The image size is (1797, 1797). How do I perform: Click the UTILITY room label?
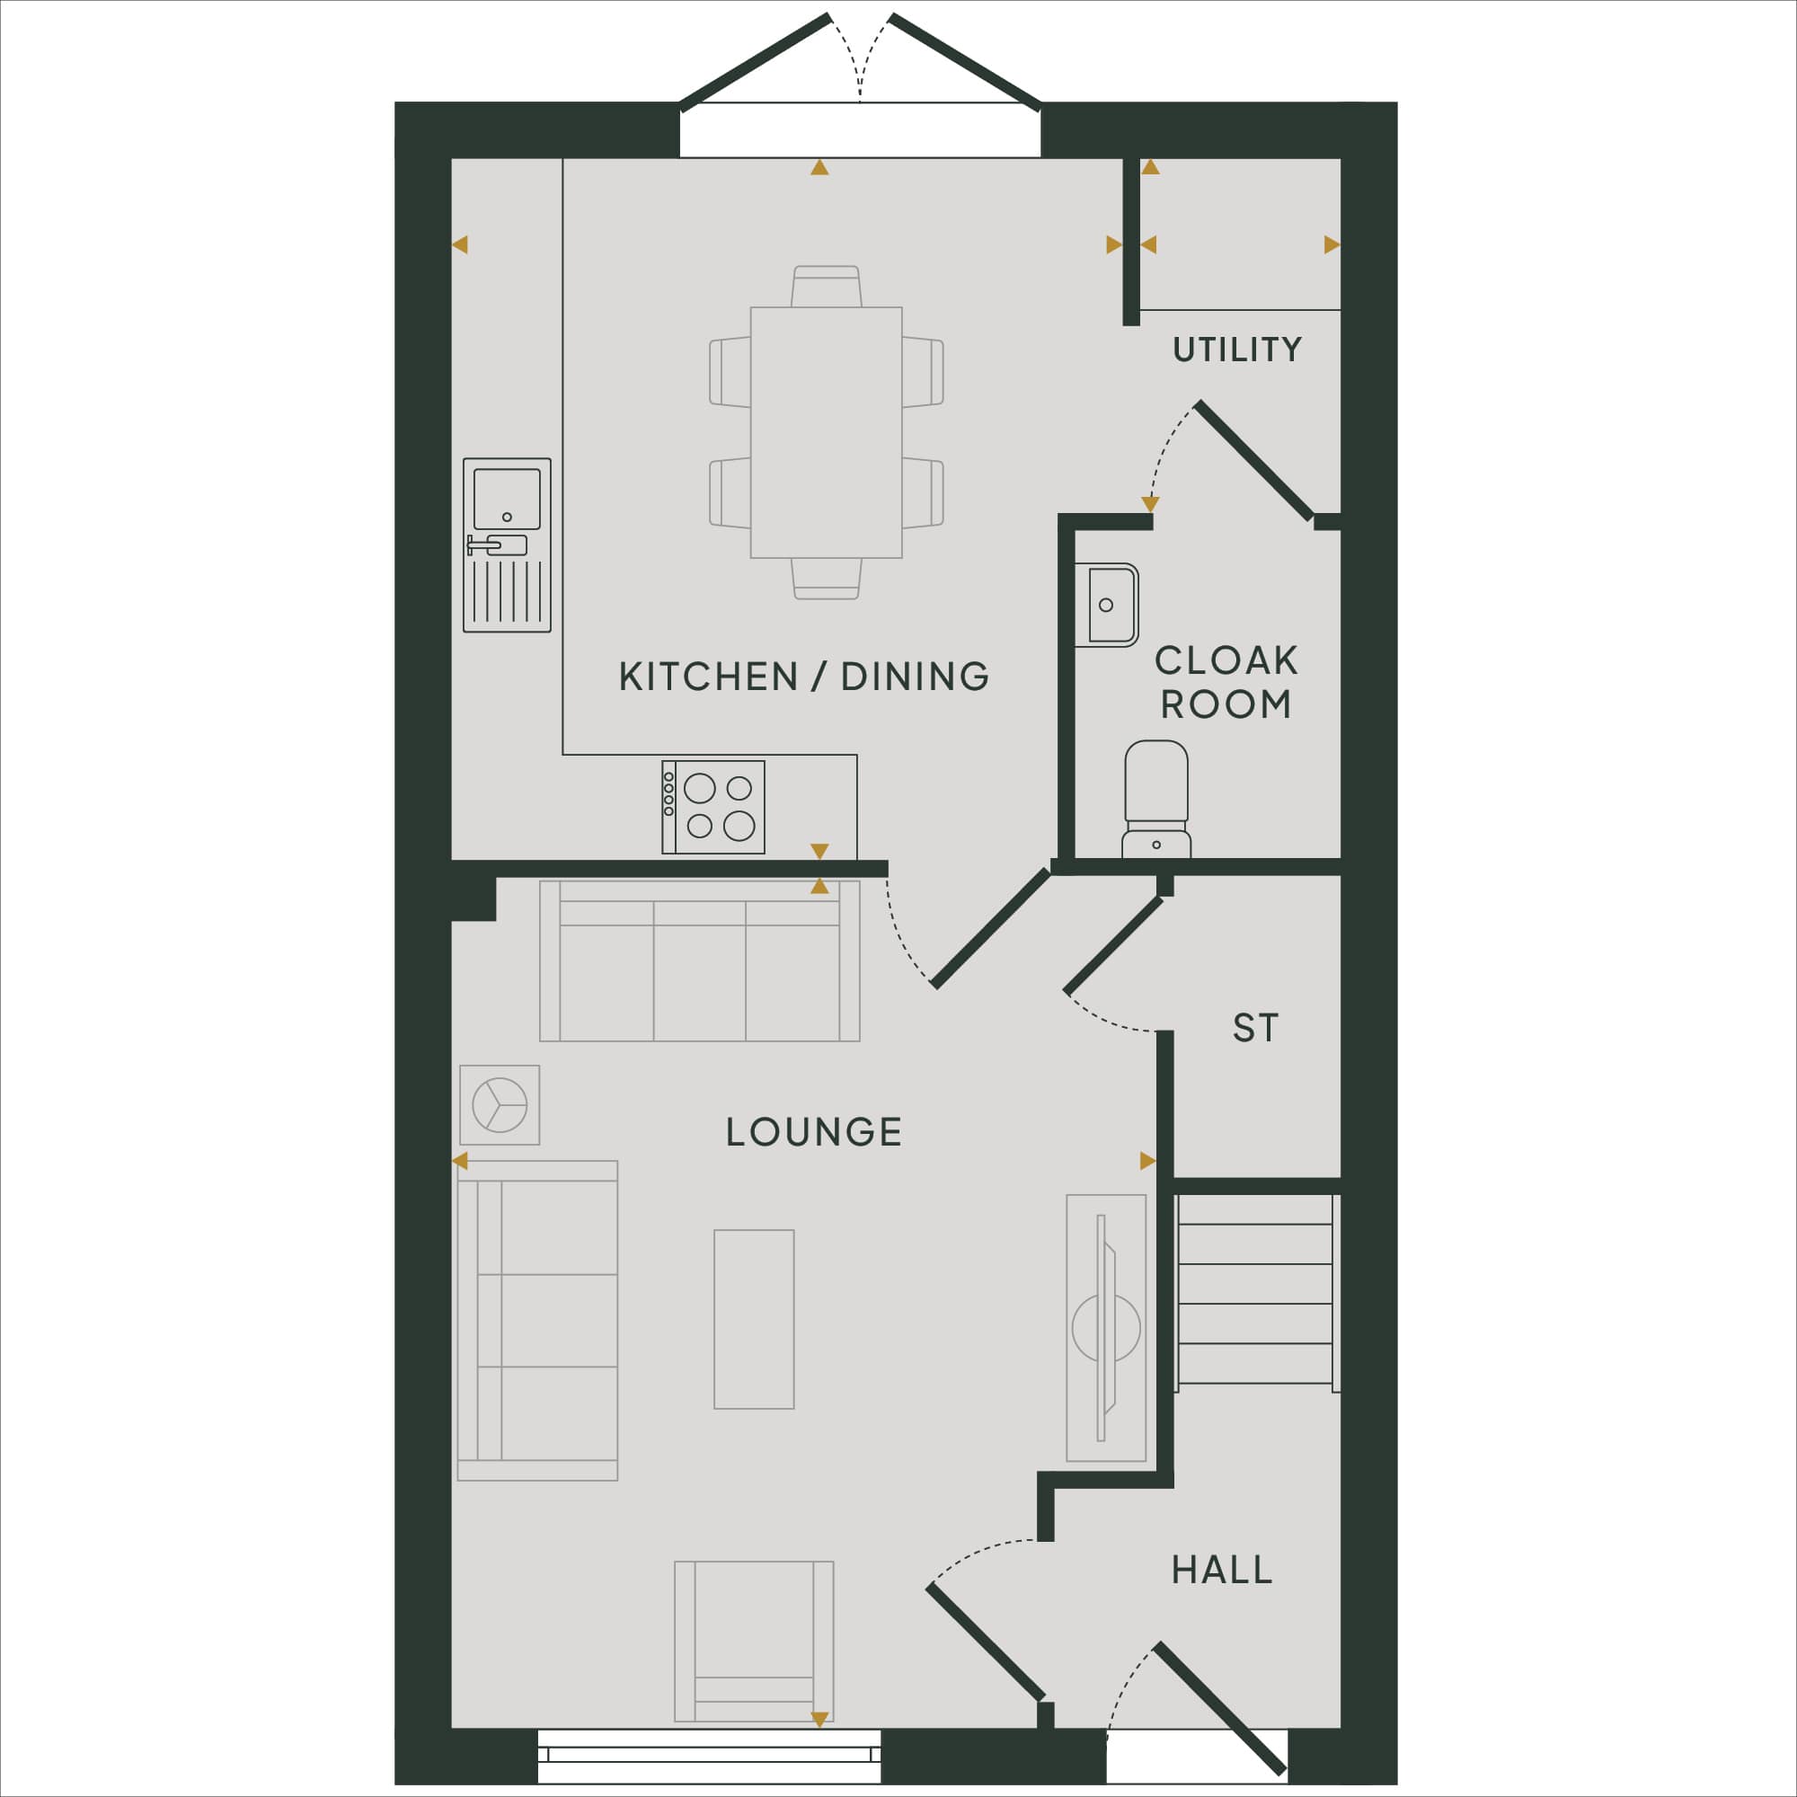coord(1236,350)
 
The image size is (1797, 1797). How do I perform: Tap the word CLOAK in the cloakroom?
coord(1226,660)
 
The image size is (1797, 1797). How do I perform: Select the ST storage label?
coord(1256,1028)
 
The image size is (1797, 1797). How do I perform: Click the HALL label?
coord(1221,1570)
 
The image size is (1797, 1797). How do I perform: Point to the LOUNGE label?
coord(814,1132)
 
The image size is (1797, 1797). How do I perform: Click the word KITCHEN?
coord(708,677)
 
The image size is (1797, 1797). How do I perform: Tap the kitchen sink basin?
coord(507,499)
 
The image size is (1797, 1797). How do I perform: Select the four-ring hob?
coord(713,808)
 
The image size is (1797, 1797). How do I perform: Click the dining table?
coord(826,432)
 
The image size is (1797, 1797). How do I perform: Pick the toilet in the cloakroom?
coord(1156,798)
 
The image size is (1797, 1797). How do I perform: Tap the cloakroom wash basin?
coord(1107,605)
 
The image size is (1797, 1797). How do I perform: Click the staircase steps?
coord(1256,1293)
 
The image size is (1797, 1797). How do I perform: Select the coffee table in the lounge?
coord(755,1319)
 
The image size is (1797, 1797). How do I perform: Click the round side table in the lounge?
coord(500,1105)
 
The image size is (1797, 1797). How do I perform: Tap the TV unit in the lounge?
coord(1106,1327)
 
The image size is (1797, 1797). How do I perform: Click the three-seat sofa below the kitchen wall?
coord(699,960)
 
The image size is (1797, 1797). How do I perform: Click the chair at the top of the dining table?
coord(826,287)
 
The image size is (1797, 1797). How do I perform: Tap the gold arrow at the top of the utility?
coord(1151,167)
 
